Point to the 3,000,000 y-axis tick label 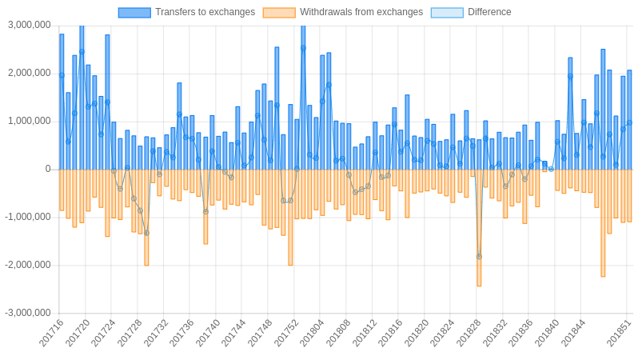pos(30,25)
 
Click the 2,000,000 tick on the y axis pos(30,73)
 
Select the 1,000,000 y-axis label pos(30,121)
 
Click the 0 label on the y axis pos(48,169)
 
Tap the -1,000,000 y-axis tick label pos(28,217)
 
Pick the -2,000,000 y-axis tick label pos(28,265)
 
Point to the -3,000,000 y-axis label pos(28,313)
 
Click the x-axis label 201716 pos(51,333)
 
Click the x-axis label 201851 pos(619,333)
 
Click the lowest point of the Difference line pos(479,257)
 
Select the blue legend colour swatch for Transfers pos(134,12)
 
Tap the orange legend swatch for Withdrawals pos(279,12)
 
